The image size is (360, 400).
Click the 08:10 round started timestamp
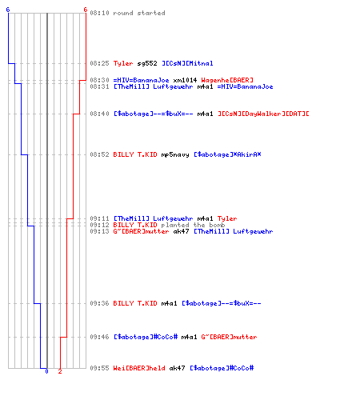point(99,13)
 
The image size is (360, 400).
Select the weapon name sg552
point(147,63)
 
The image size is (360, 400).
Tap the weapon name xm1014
point(185,80)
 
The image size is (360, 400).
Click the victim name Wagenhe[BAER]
point(227,80)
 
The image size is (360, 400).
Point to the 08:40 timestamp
point(99,114)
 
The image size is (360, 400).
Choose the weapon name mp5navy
point(175,154)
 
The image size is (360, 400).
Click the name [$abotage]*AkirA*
point(227,154)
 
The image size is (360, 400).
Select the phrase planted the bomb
point(193,225)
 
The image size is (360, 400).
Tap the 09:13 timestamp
point(99,231)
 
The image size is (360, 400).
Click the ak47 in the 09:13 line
point(181,231)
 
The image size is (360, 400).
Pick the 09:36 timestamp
point(99,303)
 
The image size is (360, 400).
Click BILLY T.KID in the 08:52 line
point(135,154)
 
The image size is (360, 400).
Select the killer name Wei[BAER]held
point(139,368)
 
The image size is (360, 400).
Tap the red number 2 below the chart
point(60,371)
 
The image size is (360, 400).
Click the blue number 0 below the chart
point(46,371)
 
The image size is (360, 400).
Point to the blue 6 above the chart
point(8,10)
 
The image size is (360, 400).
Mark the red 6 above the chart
point(86,10)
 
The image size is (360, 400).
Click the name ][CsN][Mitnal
point(187,63)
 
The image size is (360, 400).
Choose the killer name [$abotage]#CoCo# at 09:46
point(146,337)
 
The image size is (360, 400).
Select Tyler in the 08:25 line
point(123,63)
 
